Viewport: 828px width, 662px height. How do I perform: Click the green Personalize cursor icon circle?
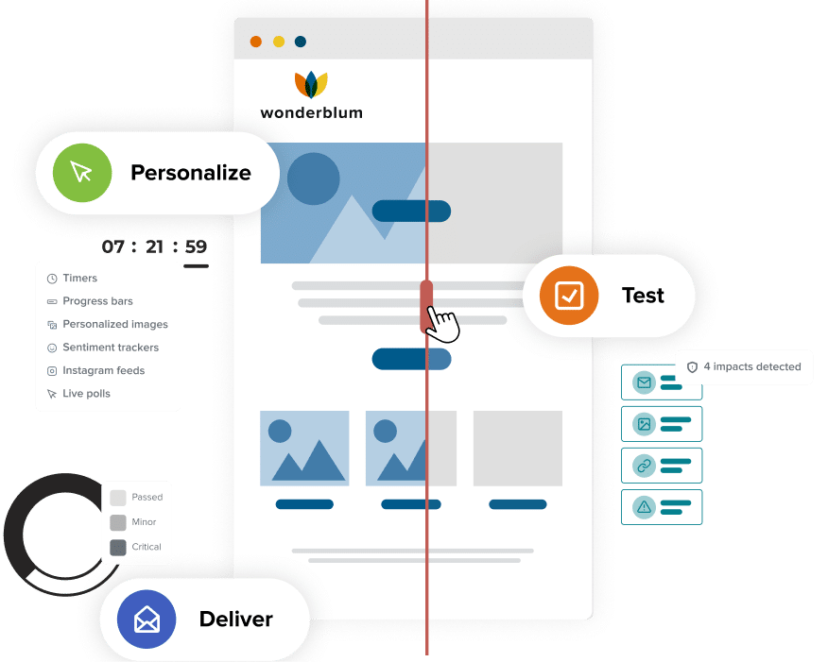point(81,173)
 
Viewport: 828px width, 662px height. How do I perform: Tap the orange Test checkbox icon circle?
point(568,296)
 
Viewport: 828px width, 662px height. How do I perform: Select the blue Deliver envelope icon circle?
point(146,620)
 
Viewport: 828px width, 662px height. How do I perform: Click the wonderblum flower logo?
point(311,84)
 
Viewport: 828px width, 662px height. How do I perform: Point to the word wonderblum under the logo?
point(311,113)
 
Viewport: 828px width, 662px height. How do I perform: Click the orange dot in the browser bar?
point(256,42)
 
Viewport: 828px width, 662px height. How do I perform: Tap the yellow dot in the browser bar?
point(279,42)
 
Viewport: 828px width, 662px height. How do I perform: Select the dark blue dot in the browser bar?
point(301,42)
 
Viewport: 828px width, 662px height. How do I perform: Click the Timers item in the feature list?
point(79,279)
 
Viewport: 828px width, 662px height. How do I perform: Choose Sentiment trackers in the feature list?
point(110,348)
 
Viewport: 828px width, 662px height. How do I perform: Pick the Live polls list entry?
point(86,394)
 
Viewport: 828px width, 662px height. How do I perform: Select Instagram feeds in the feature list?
point(103,370)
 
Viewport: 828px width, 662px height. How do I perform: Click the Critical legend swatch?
point(118,547)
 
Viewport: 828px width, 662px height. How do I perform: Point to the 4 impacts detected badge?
point(745,366)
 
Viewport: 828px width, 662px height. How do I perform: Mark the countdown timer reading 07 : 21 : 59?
point(154,248)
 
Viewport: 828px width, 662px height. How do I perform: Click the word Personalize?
point(190,173)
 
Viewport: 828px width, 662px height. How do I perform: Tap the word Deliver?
point(235,620)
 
